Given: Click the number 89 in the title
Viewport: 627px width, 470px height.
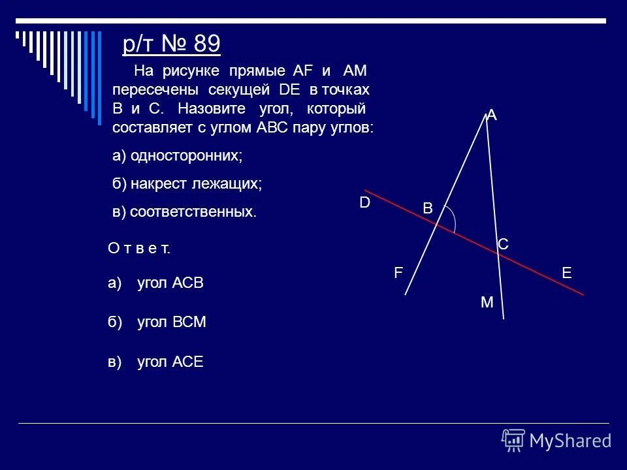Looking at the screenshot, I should tap(208, 44).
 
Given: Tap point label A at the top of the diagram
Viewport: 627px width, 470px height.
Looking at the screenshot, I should tap(492, 116).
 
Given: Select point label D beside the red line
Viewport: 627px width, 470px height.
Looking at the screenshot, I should tap(364, 203).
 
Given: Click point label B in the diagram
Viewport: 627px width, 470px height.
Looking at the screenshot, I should tap(428, 208).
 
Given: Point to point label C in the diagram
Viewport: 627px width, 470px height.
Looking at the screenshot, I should tap(503, 244).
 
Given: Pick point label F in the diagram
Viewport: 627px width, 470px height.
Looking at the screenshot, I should tap(397, 275).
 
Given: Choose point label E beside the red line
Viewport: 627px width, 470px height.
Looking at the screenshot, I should tap(566, 274).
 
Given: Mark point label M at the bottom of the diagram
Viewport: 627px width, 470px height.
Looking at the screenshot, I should tap(487, 303).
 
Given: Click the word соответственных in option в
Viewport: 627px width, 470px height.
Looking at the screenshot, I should tap(189, 212).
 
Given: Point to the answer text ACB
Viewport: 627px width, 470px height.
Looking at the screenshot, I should tap(189, 283).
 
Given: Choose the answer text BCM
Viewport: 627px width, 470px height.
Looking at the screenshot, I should tap(189, 322).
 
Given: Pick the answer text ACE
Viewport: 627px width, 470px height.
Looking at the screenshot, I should tap(188, 362).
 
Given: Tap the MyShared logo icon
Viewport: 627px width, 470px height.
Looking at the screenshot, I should tap(513, 441).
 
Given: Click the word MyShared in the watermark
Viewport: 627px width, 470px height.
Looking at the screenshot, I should tap(570, 441).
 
